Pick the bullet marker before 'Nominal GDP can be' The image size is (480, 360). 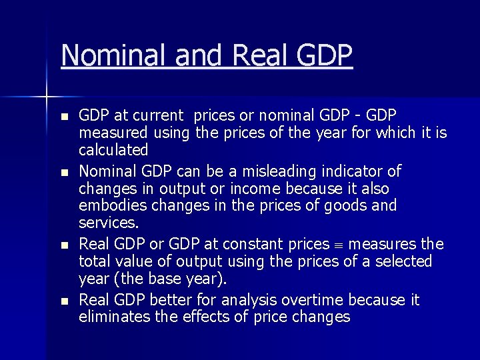pyautogui.click(x=64, y=173)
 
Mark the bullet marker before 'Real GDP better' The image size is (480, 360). pyautogui.click(x=64, y=302)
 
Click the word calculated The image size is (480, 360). pyautogui.click(x=113, y=151)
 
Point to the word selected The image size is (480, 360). pyautogui.click(x=403, y=262)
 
